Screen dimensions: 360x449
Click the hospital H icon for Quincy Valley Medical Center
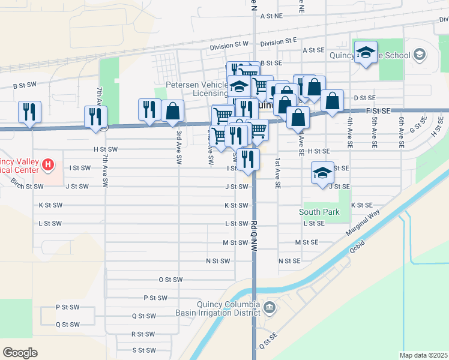49,163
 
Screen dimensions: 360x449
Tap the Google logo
20,353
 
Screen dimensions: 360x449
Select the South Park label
319,212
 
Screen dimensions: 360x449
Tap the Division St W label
229,45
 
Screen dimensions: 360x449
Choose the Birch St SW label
27,187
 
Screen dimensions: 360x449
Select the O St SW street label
170,280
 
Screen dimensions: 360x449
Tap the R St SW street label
143,334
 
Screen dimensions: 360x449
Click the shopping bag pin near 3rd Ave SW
172,111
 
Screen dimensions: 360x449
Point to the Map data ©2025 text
423,355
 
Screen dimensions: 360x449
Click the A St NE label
271,17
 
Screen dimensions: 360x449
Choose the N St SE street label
289,261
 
